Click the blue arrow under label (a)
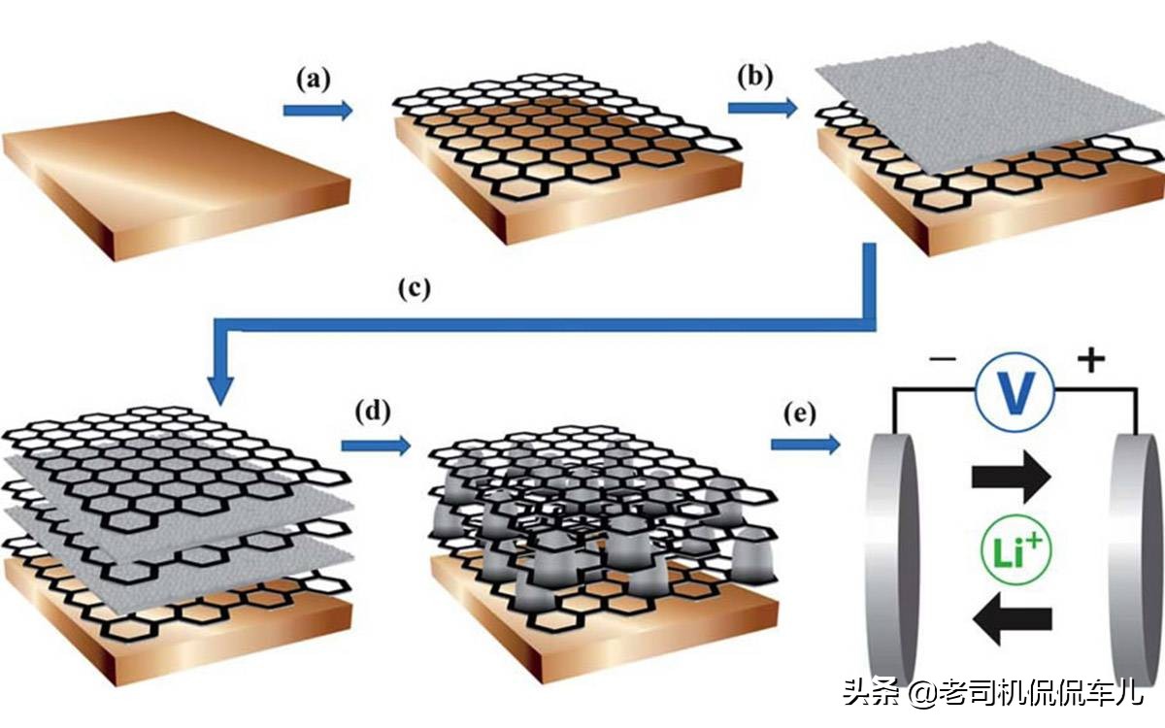[x=317, y=111]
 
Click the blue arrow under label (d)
[x=374, y=447]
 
